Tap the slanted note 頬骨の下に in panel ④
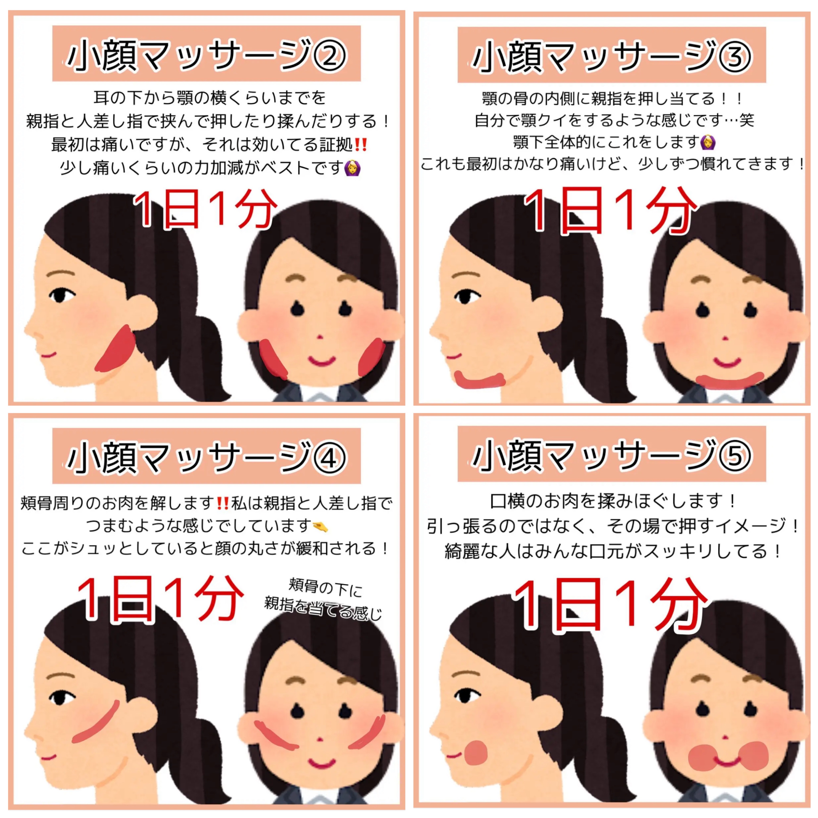[325, 588]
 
